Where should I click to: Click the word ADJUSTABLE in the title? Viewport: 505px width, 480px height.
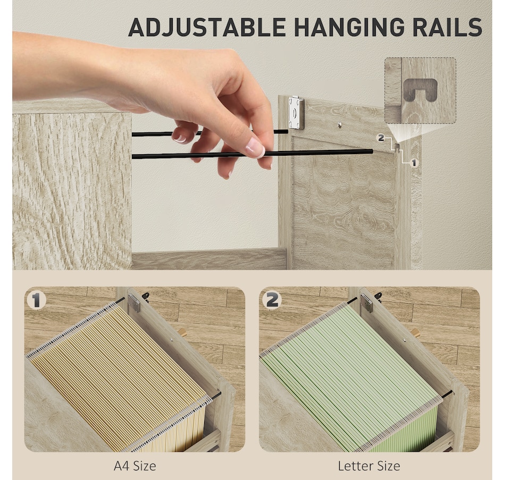point(207,27)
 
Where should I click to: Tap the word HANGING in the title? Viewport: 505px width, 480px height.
point(349,27)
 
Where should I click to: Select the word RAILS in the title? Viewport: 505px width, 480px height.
point(448,27)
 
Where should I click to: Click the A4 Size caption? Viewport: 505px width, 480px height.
point(135,466)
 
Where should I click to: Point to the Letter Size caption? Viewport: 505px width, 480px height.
point(369,466)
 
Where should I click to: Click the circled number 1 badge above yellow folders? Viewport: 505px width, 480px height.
point(36,300)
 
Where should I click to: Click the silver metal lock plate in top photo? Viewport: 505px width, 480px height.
point(296,113)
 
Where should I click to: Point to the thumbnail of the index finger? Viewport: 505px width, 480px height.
point(255,148)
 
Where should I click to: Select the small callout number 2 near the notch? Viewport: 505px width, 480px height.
point(381,138)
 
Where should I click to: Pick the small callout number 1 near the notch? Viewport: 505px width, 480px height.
point(414,163)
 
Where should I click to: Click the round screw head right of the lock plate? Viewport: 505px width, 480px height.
point(340,124)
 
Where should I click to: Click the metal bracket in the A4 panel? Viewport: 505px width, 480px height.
point(134,303)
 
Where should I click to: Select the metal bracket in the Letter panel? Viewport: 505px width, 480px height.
point(366,304)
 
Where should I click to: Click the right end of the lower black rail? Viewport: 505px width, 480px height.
point(372,151)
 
